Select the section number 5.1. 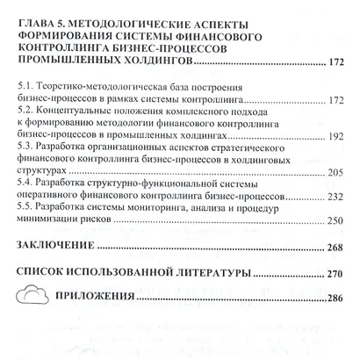[x=28, y=88]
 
